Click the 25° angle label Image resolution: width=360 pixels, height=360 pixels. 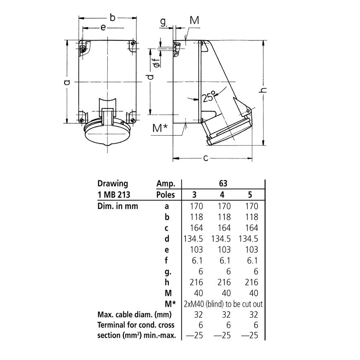pyautogui.click(x=209, y=97)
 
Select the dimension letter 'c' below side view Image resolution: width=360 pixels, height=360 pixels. pyautogui.click(x=206, y=158)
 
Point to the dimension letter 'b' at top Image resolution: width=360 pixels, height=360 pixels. pyautogui.click(x=112, y=17)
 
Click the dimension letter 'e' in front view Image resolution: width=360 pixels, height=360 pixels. pyautogui.click(x=103, y=27)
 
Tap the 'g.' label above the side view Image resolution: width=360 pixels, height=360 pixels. pyautogui.click(x=163, y=22)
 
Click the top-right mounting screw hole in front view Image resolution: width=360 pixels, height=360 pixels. pyautogui.click(x=132, y=44)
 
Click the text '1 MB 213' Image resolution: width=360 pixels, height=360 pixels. pyautogui.click(x=112, y=195)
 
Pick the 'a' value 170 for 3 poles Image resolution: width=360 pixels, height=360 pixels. pyautogui.click(x=196, y=206)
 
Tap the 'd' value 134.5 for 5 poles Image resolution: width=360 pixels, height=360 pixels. pyautogui.click(x=249, y=239)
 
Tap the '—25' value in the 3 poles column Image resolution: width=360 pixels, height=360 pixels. pyautogui.click(x=196, y=336)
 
